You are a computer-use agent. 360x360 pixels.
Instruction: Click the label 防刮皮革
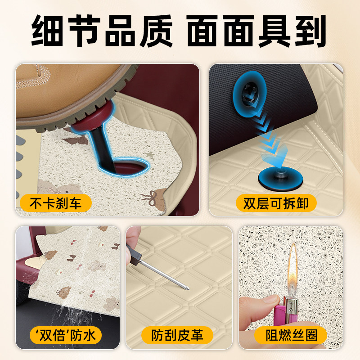click(x=177, y=335)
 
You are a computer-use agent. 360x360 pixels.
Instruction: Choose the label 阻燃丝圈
click(x=292, y=335)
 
